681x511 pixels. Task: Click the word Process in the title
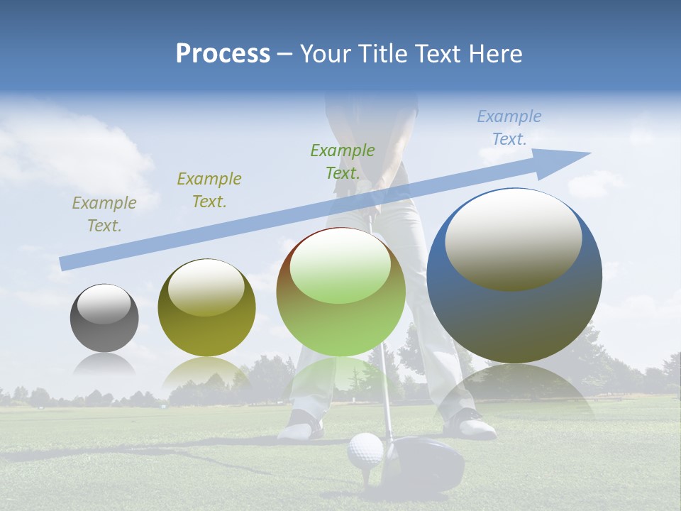click(x=223, y=53)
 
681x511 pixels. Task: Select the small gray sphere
click(x=104, y=318)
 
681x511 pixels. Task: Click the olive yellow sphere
click(x=206, y=307)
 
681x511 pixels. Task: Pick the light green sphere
click(x=341, y=292)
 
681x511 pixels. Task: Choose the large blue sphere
click(x=514, y=275)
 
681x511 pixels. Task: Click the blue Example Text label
click(x=509, y=128)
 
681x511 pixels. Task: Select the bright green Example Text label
click(x=343, y=161)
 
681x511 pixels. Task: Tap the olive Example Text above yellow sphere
click(x=209, y=189)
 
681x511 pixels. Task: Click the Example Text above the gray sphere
click(x=104, y=214)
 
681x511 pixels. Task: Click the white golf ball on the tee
click(x=365, y=450)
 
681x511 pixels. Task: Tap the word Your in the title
click(x=323, y=53)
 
